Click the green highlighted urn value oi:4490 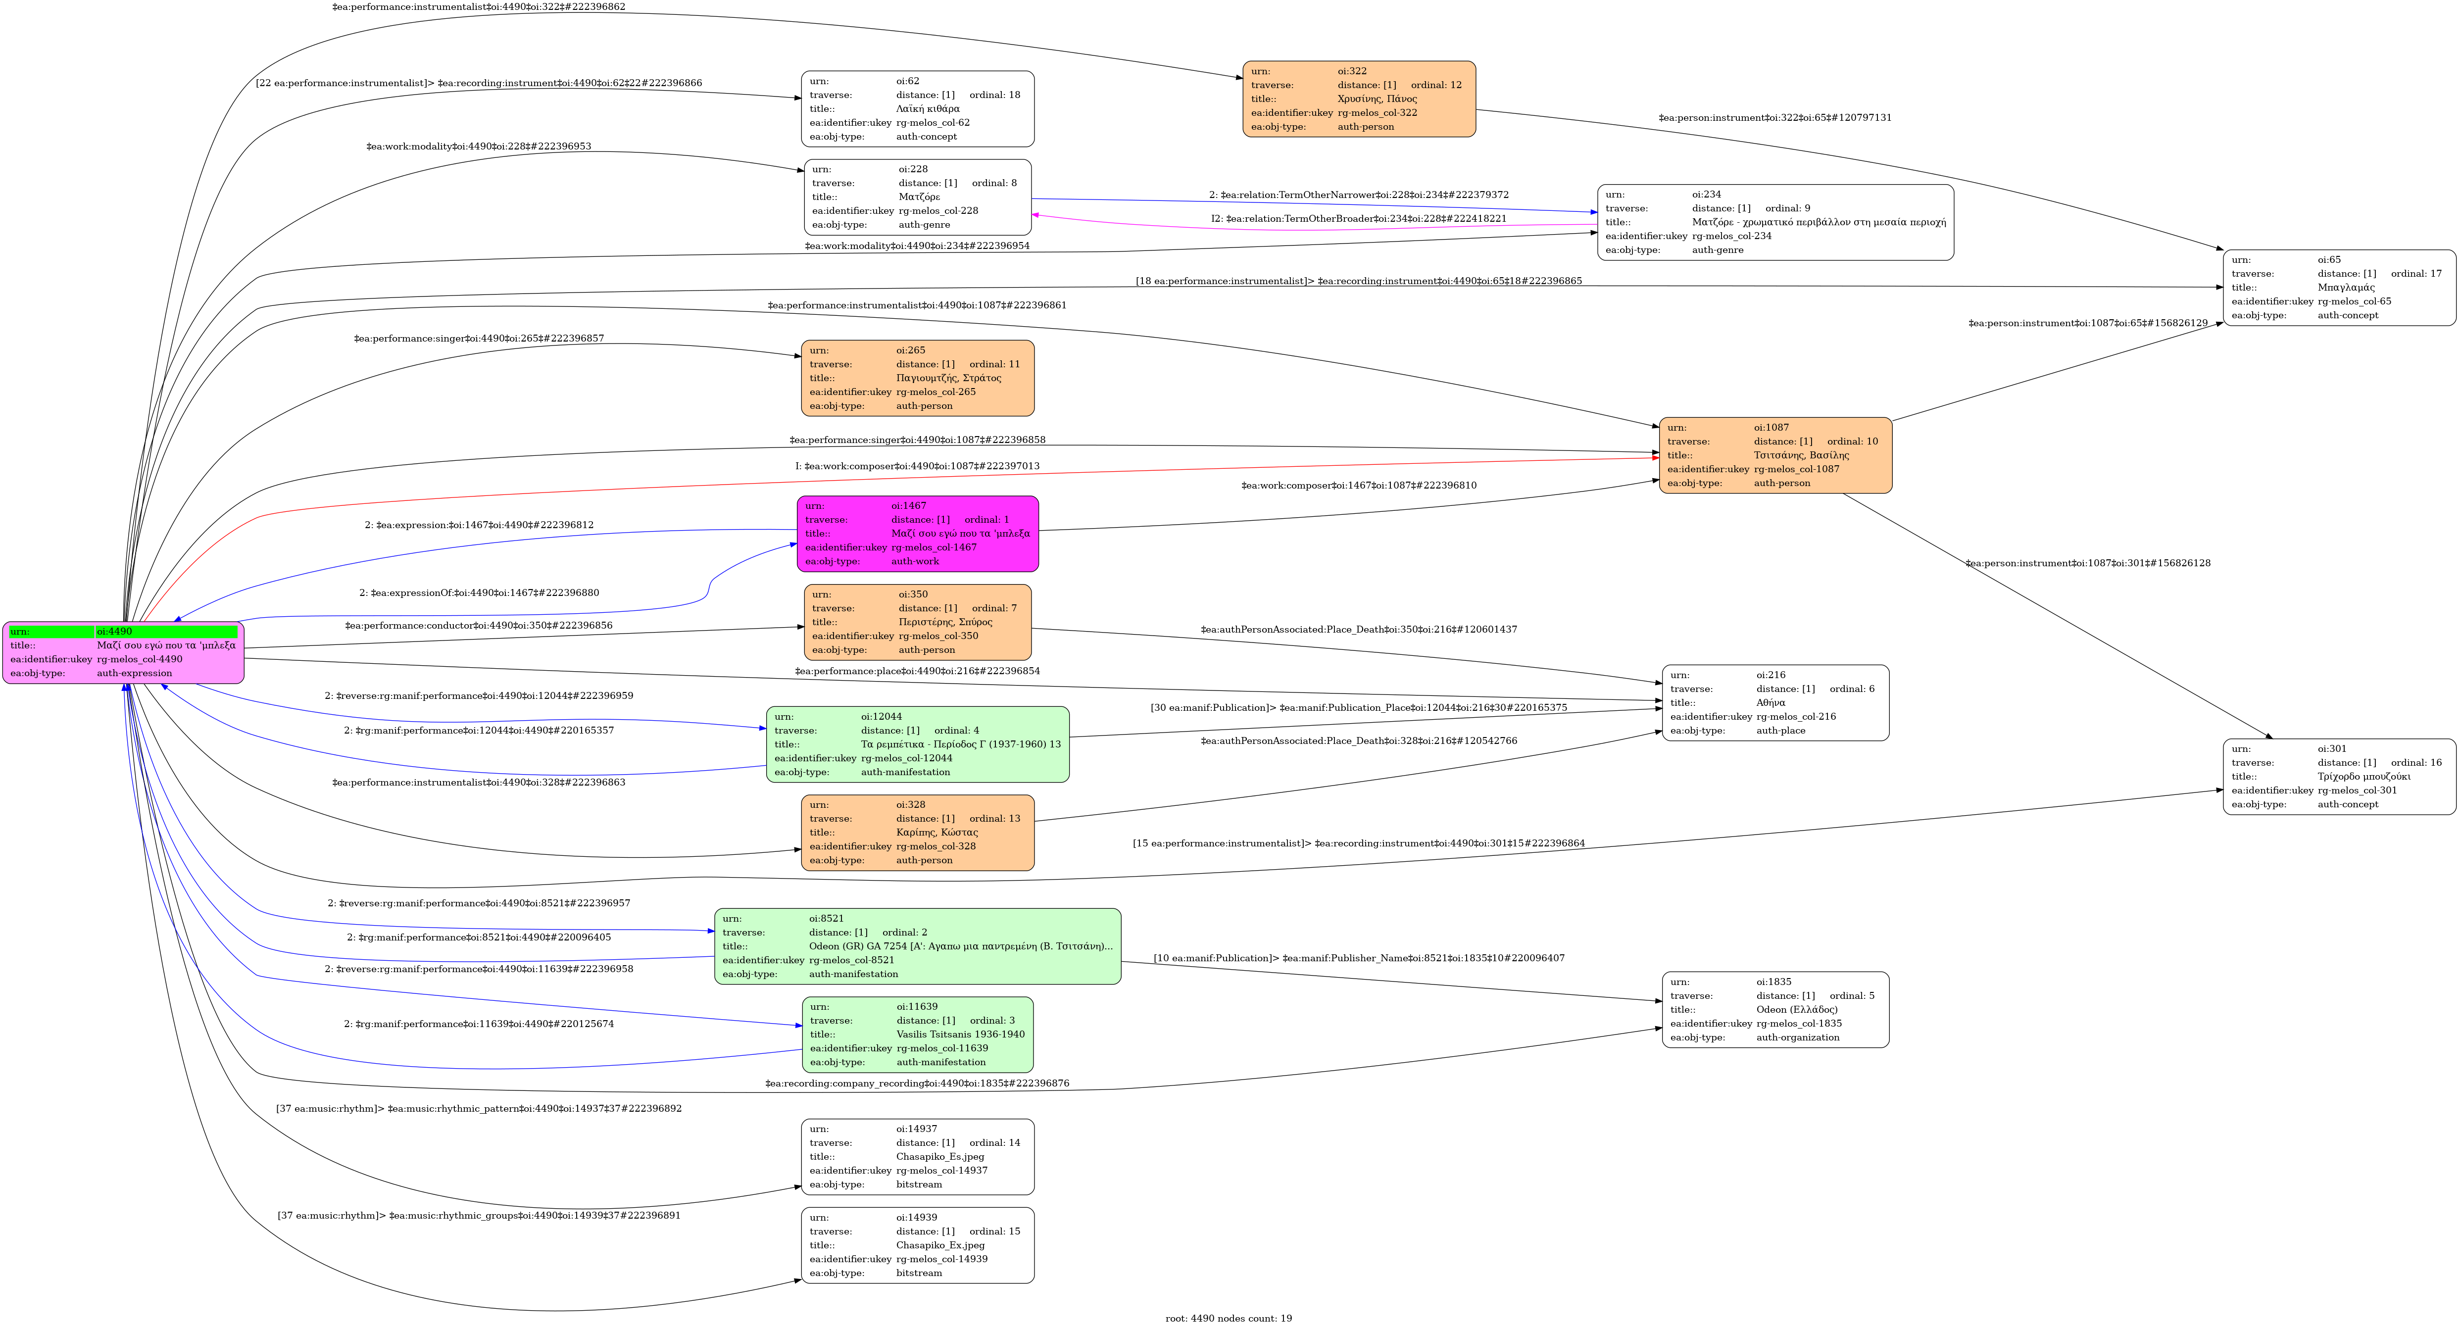tap(114, 631)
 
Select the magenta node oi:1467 tap(917, 534)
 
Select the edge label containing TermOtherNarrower tap(1358, 195)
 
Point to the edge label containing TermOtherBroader tap(1358, 219)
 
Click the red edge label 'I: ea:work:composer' tap(917, 466)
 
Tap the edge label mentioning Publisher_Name tap(1358, 958)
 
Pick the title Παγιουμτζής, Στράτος tap(948, 378)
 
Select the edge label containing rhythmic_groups tap(478, 1215)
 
